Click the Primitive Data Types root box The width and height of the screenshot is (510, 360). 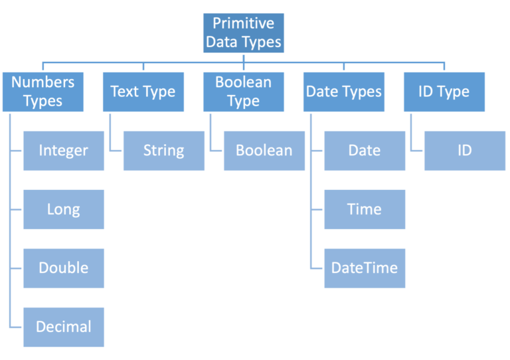point(243,33)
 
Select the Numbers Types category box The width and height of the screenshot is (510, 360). point(43,92)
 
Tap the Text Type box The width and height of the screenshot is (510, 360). point(143,92)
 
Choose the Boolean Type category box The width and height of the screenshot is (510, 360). point(243,92)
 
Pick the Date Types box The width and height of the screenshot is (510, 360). point(343,92)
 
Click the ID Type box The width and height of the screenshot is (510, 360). point(444,92)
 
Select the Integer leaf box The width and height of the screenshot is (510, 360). point(64,151)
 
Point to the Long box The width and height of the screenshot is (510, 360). point(64,209)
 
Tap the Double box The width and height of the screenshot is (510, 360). point(64,268)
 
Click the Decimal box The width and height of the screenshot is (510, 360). point(64,326)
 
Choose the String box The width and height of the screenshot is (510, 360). point(164,151)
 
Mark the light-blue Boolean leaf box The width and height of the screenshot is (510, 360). point(264,151)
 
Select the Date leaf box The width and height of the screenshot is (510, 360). point(365,151)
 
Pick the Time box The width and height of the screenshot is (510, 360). point(365,209)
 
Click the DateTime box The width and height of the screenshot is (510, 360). point(365,268)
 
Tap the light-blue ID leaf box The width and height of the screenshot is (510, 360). point(464,151)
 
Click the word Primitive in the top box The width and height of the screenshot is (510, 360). point(243,23)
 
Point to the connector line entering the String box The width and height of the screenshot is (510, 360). point(116,151)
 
